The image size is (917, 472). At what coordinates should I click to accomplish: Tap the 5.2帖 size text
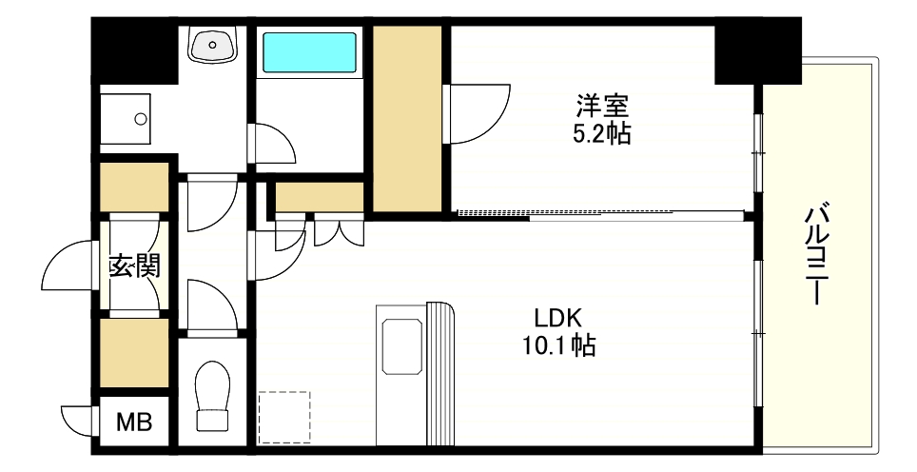[x=601, y=133]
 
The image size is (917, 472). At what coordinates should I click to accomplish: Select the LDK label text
[x=557, y=318]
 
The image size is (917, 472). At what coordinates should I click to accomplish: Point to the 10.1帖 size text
[x=557, y=346]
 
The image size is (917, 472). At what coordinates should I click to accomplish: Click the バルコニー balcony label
[x=815, y=253]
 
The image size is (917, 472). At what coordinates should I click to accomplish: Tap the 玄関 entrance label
[x=133, y=265]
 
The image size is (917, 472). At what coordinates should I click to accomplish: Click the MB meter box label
[x=133, y=422]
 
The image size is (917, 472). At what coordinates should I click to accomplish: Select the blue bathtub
[x=309, y=53]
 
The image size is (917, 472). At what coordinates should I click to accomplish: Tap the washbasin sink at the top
[x=214, y=43]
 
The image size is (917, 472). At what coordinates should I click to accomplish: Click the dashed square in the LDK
[x=283, y=417]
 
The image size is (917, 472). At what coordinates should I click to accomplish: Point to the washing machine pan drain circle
[x=142, y=119]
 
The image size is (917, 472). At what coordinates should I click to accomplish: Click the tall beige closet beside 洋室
[x=407, y=119]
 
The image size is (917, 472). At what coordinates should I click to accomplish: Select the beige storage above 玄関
[x=134, y=187]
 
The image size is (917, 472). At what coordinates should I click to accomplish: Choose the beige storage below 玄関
[x=134, y=352]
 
